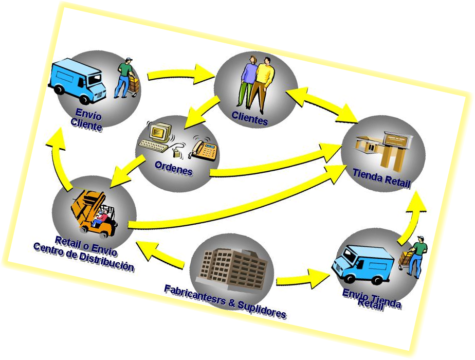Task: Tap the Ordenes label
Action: coord(173,169)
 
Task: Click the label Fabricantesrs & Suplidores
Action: coord(225,301)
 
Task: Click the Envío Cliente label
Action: coord(87,119)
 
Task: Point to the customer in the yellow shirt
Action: coord(265,82)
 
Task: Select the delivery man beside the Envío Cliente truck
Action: coord(124,78)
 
